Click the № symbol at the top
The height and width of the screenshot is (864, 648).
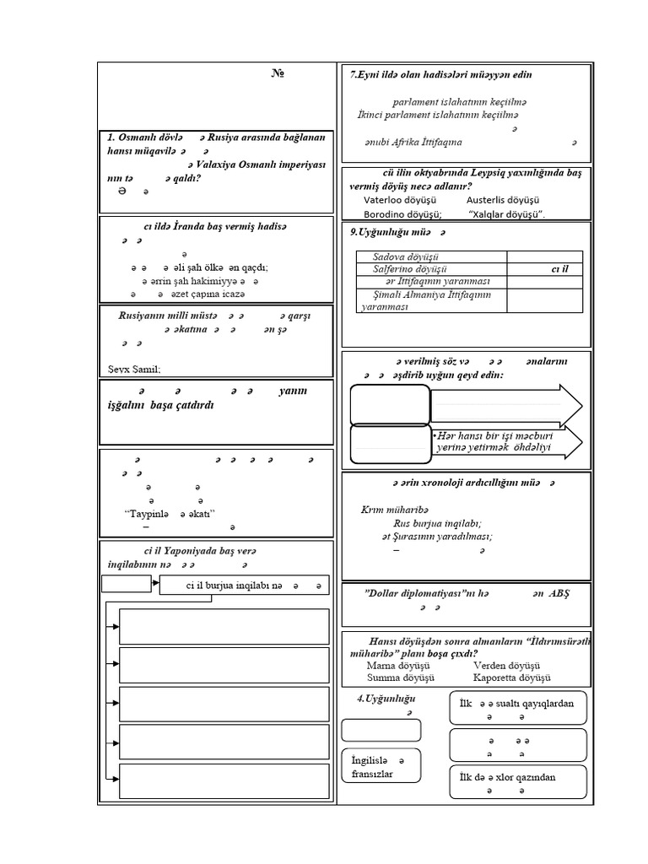(x=277, y=75)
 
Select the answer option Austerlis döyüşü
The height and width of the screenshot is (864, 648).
(x=502, y=201)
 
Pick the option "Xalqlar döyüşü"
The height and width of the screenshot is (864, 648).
(x=505, y=214)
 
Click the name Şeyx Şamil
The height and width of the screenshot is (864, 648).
(x=134, y=369)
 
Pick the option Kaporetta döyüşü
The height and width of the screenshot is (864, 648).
(x=512, y=678)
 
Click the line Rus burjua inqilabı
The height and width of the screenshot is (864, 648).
(x=437, y=522)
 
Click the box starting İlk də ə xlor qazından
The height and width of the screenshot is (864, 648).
(x=518, y=783)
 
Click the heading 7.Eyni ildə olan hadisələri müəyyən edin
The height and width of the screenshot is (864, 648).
(x=440, y=75)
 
